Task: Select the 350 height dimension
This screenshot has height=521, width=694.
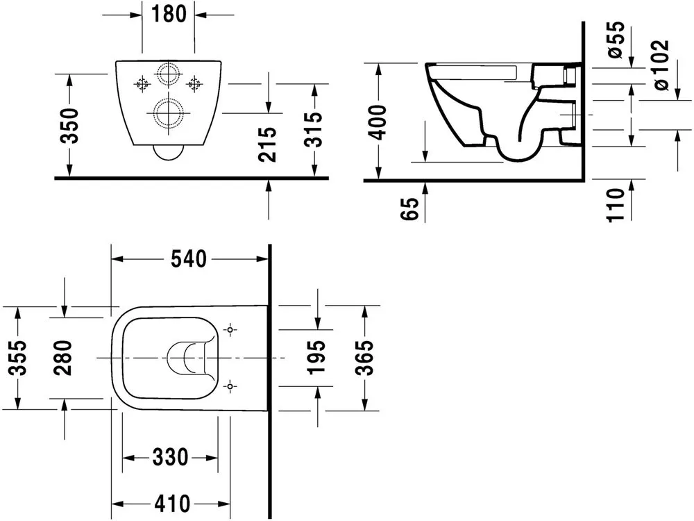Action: [x=70, y=125]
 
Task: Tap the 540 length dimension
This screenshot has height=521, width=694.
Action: [x=189, y=259]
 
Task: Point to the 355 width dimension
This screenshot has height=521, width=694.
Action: [x=19, y=357]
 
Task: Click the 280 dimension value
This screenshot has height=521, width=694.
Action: [x=65, y=357]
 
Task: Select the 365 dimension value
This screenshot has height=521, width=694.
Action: [x=366, y=357]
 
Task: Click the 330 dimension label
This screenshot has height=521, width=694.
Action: [x=170, y=457]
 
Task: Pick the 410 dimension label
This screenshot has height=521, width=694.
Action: [x=170, y=503]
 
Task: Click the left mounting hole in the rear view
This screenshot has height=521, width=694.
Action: [x=144, y=85]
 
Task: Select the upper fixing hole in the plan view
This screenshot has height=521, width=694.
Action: [x=230, y=329]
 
